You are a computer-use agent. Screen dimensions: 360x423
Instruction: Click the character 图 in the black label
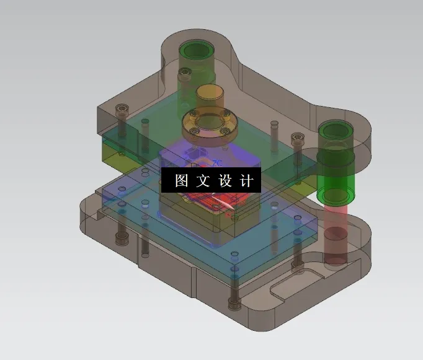[x=182, y=181]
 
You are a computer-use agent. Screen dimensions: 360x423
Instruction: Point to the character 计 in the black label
[x=247, y=181]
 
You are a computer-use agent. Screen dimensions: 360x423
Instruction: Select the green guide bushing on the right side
[x=336, y=164]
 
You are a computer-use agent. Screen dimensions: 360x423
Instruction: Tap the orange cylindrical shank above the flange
[x=210, y=98]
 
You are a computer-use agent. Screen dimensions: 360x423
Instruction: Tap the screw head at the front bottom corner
[x=234, y=303]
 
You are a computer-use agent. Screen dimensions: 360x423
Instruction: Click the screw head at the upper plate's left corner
[x=120, y=111]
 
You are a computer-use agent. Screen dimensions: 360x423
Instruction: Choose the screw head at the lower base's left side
[x=120, y=239]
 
